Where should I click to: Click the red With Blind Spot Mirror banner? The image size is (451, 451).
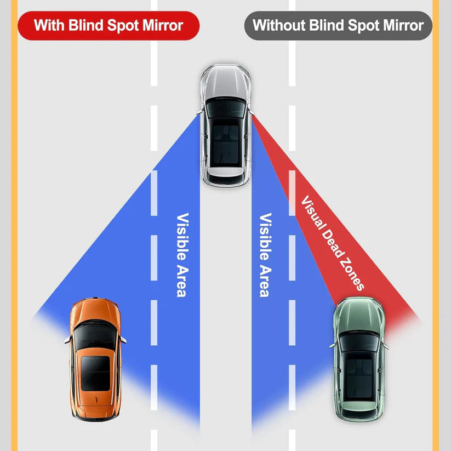(108, 25)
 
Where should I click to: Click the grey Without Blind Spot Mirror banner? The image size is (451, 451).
(338, 25)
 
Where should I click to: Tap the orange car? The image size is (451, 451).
(94, 359)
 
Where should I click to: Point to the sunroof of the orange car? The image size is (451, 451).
(94, 373)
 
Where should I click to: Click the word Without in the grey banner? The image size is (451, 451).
(278, 25)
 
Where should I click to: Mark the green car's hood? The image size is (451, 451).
(359, 315)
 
